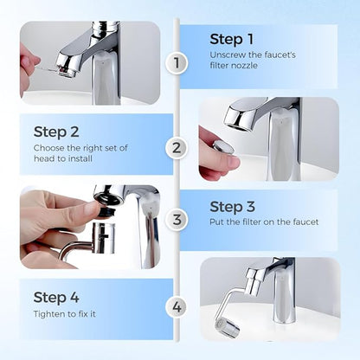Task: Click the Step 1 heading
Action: pyautogui.click(x=231, y=39)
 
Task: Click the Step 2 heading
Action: pyautogui.click(x=56, y=132)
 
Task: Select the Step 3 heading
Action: pyautogui.click(x=231, y=206)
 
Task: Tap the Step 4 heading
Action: pyautogui.click(x=56, y=298)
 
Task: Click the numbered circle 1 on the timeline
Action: pyautogui.click(x=177, y=62)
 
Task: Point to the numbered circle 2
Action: pyautogui.click(x=177, y=147)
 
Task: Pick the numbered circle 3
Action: pyautogui.click(x=177, y=220)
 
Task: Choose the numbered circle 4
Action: pyautogui.click(x=177, y=305)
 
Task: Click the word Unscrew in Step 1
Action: pyautogui.click(x=228, y=55)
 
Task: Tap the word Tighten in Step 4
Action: pyautogui.click(x=49, y=314)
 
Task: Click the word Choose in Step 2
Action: pyautogui.click(x=49, y=148)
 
